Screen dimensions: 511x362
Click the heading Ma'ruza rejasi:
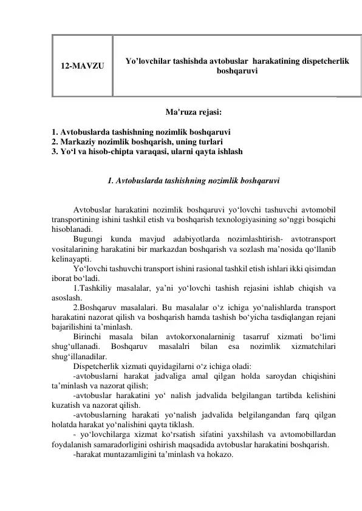coord(193,112)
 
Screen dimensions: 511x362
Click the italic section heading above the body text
coord(193,181)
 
